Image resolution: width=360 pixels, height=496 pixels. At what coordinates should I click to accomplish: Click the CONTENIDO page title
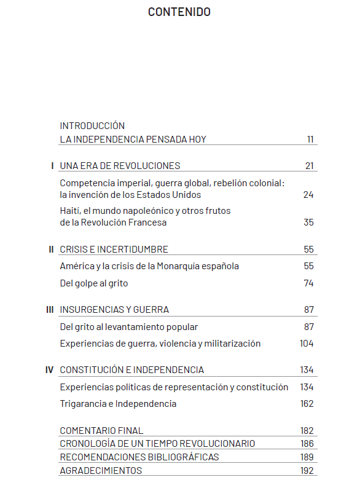pos(179,12)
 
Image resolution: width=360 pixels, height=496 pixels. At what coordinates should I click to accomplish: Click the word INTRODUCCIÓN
pos(92,125)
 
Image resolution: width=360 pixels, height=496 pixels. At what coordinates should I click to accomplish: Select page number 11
pos(310,140)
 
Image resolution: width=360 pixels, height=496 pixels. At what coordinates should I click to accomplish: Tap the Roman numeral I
pos(53,166)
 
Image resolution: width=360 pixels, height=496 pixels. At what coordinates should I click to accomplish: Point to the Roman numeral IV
pos(50,370)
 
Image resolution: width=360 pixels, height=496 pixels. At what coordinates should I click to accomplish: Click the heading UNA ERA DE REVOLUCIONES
pos(120,166)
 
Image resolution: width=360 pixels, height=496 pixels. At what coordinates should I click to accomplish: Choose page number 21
pos(309,166)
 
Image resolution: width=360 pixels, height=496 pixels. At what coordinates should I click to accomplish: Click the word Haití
pos(70,211)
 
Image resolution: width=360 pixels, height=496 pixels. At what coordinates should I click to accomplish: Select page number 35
pos(308,222)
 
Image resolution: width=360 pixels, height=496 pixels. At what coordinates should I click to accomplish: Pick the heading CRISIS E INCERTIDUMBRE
pos(114,250)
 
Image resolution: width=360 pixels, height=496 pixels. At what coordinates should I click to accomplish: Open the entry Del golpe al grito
pos(94,283)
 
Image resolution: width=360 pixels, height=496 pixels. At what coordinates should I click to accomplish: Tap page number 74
pos(308,283)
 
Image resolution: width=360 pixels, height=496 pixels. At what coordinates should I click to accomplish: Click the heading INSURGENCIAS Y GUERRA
pos(114,310)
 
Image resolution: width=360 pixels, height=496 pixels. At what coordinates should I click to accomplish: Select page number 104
pos(307,344)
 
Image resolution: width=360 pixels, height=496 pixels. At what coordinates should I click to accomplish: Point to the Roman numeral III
pos(50,310)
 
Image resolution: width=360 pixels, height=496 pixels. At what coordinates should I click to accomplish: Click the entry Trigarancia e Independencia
pos(118,404)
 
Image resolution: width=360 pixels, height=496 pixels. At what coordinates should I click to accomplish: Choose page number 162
pos(307,404)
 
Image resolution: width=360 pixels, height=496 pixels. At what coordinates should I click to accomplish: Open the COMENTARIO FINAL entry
pos(101,431)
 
